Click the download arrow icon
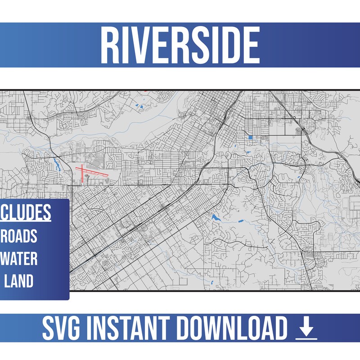pyautogui.click(x=306, y=329)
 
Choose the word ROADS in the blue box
pyautogui.click(x=20, y=236)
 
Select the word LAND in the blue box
pyautogui.click(x=19, y=281)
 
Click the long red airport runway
pyautogui.click(x=92, y=172)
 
